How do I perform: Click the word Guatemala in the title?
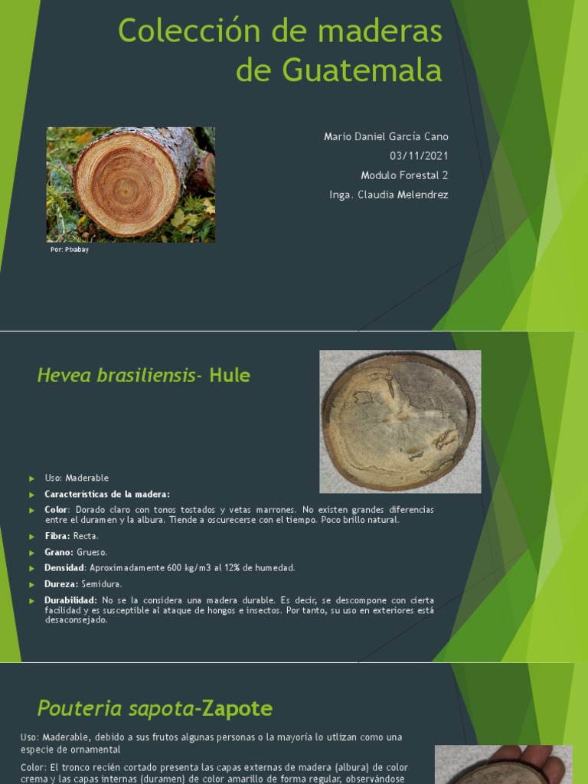[362, 70]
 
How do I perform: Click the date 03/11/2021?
[419, 156]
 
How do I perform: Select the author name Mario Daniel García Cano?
[386, 136]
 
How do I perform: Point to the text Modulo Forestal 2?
[404, 175]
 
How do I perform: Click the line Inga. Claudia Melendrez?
[388, 194]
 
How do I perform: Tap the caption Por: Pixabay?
[70, 250]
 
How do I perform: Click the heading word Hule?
[230, 375]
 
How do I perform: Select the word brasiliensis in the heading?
[145, 375]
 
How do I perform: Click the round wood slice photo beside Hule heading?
[400, 422]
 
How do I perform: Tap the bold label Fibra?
[57, 536]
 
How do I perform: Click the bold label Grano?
[59, 552]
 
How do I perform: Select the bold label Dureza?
[61, 584]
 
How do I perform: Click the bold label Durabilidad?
[70, 600]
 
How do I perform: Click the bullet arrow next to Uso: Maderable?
[32, 479]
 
